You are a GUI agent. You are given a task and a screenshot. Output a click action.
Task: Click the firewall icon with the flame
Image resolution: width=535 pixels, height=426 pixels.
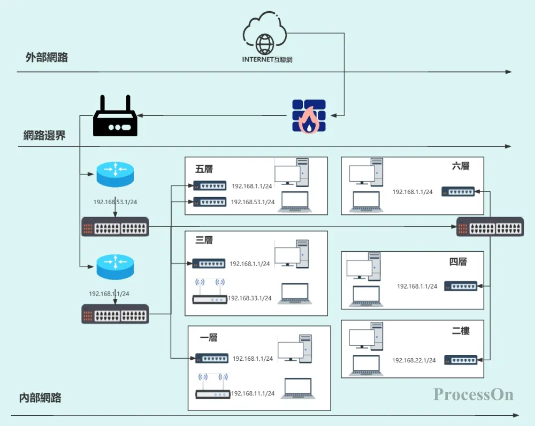309,116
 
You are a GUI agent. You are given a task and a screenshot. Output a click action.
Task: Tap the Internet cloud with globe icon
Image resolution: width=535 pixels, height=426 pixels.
265,33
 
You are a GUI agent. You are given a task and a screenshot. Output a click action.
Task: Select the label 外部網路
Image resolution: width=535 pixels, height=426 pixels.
47,57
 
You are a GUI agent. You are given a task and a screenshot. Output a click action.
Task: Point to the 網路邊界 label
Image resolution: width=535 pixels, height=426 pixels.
44,135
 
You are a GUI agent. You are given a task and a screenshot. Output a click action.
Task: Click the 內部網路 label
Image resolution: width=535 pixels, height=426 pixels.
40,398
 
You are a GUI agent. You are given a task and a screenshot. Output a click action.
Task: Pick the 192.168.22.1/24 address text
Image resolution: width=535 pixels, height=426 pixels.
414,360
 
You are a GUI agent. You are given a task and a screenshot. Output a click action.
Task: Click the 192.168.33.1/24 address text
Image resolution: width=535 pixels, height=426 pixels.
250,298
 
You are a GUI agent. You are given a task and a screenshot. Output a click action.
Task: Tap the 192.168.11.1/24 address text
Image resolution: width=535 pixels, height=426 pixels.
253,393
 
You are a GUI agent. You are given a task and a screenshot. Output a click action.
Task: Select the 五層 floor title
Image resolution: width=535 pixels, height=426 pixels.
204,169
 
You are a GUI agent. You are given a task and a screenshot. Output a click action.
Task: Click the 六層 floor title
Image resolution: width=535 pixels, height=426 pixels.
461,166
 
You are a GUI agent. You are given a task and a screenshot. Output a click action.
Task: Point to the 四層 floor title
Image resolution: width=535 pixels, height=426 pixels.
458,262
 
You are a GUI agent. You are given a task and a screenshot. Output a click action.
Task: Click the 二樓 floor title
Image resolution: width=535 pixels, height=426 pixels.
461,330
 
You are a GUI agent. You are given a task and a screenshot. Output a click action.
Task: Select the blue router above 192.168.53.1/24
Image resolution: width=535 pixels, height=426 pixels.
116,174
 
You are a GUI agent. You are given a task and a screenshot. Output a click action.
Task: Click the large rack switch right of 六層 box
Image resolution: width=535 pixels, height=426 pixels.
490,227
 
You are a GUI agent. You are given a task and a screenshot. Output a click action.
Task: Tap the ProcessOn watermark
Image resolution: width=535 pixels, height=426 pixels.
473,394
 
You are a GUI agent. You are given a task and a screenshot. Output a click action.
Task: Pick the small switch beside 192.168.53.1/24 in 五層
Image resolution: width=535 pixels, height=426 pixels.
210,202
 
